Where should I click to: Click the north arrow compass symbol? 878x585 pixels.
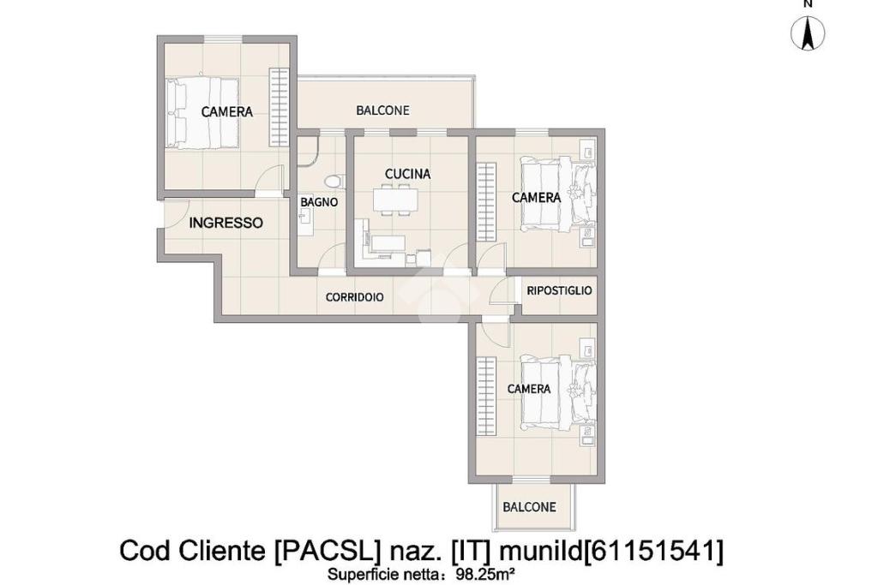tap(808, 33)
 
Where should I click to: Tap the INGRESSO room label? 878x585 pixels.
tap(226, 224)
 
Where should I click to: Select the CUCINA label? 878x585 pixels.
tap(408, 174)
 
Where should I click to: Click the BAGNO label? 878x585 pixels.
tap(319, 202)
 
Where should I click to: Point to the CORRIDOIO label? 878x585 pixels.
tap(354, 297)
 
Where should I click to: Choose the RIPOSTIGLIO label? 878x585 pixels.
tap(559, 291)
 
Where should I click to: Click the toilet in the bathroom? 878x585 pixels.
tap(334, 182)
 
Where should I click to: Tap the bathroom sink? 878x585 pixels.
tap(304, 217)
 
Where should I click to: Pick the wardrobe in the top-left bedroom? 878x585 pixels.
tap(279, 107)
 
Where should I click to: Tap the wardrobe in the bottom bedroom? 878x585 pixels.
tap(487, 396)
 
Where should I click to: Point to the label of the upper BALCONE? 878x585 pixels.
tap(382, 110)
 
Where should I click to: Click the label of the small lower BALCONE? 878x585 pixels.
tap(529, 507)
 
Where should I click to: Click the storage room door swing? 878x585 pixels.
tap(502, 292)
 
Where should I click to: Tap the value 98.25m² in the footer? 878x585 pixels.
tap(485, 573)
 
